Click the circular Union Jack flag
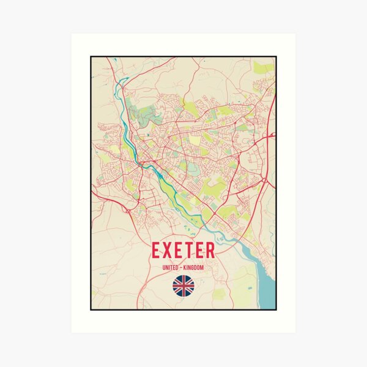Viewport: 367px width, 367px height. (183, 285)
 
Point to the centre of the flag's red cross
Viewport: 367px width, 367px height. (183, 285)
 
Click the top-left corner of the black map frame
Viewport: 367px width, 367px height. (91, 57)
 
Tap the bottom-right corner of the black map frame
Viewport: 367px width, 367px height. (276, 310)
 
